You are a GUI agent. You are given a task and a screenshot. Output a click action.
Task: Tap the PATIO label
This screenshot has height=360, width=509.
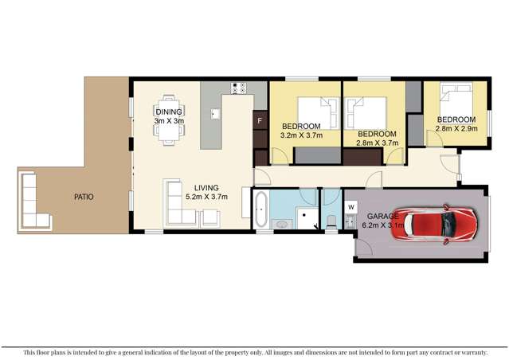82,196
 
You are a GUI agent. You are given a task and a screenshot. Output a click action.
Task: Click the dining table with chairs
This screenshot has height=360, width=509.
170,122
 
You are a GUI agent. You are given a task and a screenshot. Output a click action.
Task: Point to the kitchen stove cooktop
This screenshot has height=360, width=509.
238,88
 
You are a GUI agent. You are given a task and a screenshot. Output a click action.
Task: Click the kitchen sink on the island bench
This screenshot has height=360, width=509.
215,113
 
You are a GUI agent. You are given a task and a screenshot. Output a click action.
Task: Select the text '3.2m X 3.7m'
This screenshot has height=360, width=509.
301,136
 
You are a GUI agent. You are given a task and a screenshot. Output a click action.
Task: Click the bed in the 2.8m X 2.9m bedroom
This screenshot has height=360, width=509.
456,100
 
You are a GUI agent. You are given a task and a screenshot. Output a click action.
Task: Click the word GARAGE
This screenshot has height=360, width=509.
383,216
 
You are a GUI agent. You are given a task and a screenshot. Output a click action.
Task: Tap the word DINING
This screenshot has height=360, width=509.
169,112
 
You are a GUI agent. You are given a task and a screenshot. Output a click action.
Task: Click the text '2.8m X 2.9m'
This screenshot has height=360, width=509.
456,128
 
